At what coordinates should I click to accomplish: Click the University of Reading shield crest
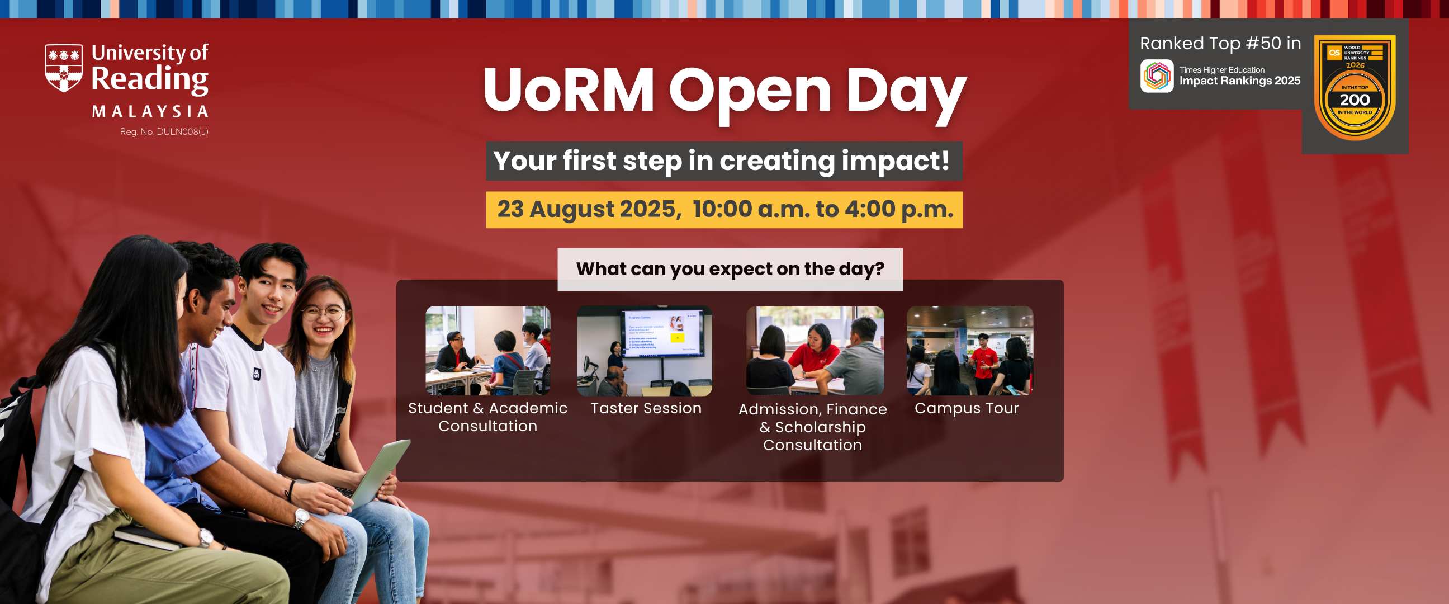64,68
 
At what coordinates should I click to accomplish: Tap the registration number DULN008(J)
164,132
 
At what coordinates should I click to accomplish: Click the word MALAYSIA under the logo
150,111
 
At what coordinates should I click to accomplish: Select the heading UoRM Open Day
724,90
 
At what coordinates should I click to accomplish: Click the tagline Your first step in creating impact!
723,161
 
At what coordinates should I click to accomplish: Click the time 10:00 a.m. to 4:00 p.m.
822,209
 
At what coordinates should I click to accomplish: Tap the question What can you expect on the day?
730,269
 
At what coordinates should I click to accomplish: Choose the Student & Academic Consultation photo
487,350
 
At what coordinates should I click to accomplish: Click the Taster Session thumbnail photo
644,350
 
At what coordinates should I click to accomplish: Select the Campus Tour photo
969,350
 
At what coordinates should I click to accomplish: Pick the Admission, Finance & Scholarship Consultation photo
815,350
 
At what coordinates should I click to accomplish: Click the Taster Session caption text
646,408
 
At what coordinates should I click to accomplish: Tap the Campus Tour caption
967,408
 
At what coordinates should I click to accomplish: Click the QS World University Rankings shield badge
1355,87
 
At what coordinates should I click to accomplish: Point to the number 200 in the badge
1355,100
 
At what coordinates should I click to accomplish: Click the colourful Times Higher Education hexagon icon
1157,76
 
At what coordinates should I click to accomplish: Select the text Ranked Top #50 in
1220,44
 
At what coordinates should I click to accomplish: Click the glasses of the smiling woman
325,313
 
